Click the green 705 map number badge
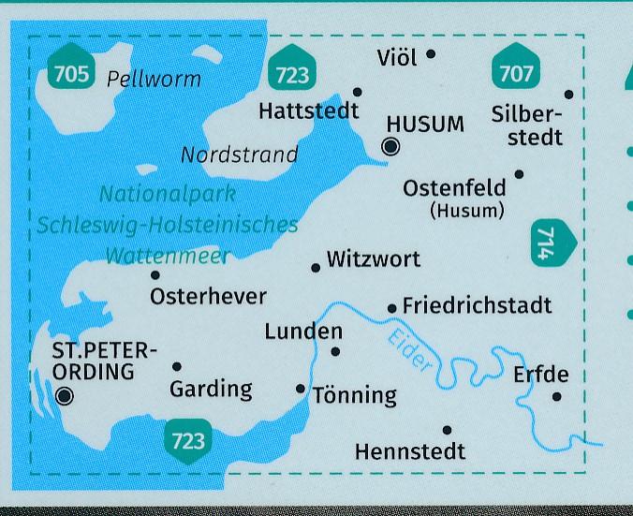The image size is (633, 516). [71, 70]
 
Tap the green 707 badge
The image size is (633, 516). [516, 70]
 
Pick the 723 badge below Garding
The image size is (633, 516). [188, 439]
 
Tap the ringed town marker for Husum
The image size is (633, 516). [391, 145]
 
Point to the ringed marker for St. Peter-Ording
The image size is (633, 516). [65, 396]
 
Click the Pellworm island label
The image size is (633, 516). [154, 79]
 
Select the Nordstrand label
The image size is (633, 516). [239, 155]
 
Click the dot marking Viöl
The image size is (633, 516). [431, 54]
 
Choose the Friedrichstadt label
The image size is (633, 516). [477, 305]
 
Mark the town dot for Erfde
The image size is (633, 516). [556, 396]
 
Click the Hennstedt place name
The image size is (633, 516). [410, 451]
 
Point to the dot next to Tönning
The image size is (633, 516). [301, 389]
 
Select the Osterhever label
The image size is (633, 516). [208, 297]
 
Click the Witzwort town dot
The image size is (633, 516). [316, 268]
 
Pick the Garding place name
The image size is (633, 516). [211, 388]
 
